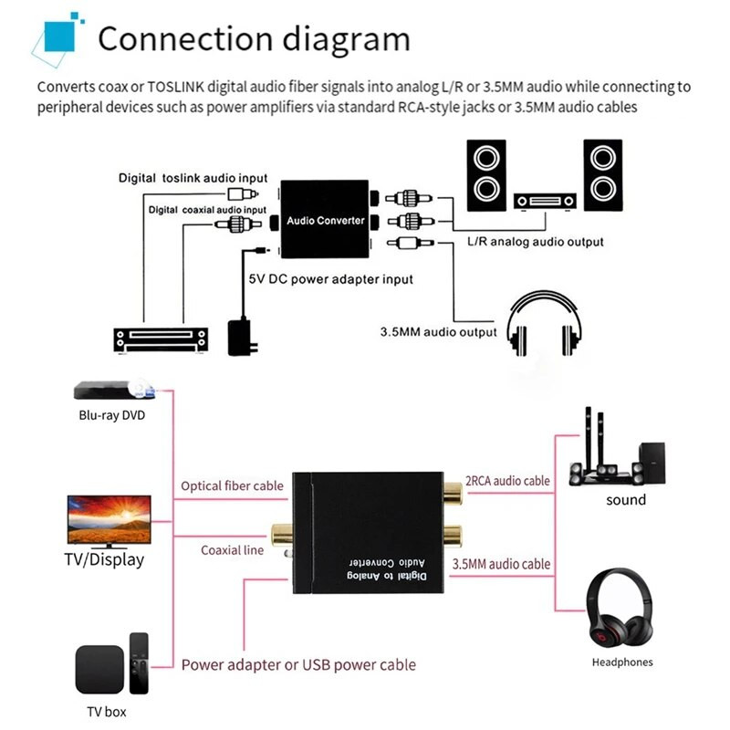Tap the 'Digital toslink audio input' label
193,178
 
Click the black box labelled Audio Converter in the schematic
325,220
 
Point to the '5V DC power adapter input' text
332,279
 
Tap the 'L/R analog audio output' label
535,243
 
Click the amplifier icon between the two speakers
545,201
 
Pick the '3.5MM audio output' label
438,332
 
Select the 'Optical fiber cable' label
232,486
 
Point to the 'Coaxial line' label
233,550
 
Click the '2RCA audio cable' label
507,481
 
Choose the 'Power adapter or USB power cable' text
298,664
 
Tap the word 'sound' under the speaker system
626,500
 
